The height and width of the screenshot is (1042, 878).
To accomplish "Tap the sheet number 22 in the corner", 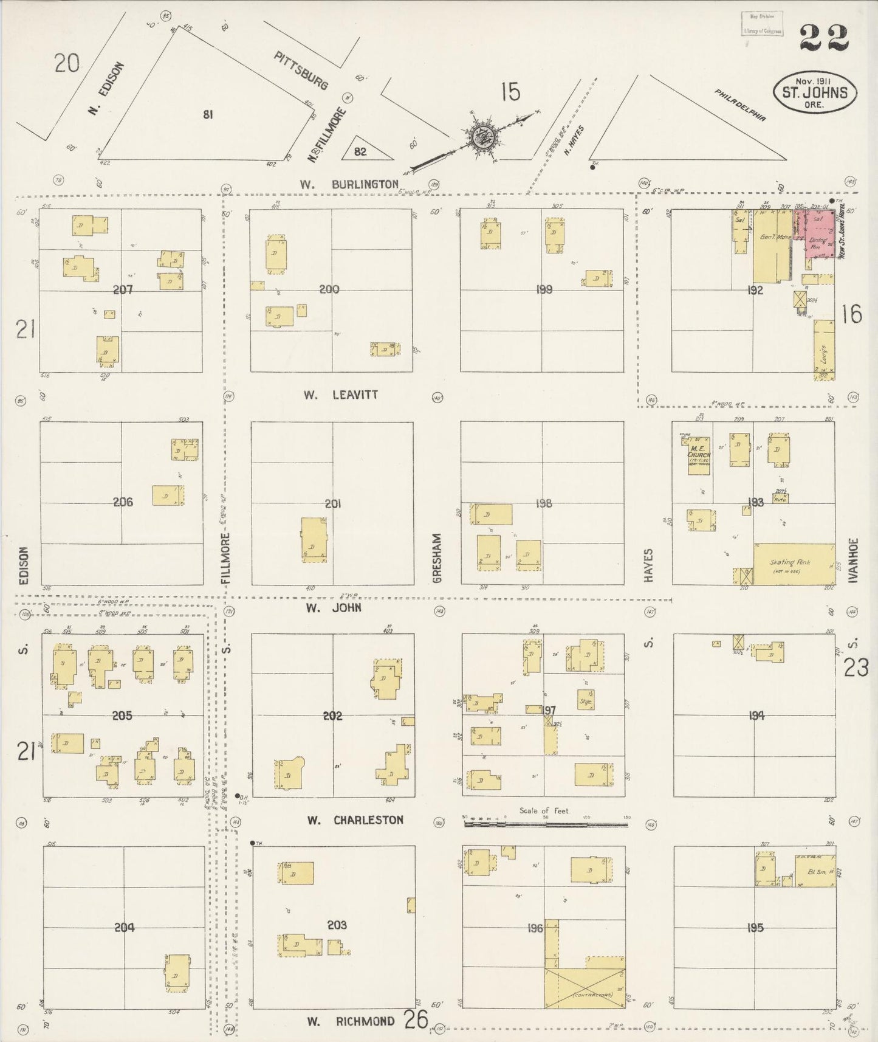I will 824,39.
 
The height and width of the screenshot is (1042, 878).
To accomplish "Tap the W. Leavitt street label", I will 341,395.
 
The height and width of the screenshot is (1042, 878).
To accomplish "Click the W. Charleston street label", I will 355,820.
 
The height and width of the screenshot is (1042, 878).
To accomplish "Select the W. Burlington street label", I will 349,184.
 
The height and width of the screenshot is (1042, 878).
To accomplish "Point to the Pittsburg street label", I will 301,71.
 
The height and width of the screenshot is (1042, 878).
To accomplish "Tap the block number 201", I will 332,503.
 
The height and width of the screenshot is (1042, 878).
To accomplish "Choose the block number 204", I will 124,927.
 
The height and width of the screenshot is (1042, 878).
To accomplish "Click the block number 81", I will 208,114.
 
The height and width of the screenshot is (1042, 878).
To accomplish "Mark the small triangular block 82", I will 360,151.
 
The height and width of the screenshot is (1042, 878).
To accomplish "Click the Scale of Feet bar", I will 546,824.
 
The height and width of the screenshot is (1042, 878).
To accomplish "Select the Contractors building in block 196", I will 585,987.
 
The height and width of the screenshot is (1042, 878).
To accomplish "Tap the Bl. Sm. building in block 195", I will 815,871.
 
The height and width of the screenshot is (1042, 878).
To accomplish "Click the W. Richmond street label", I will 351,1021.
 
